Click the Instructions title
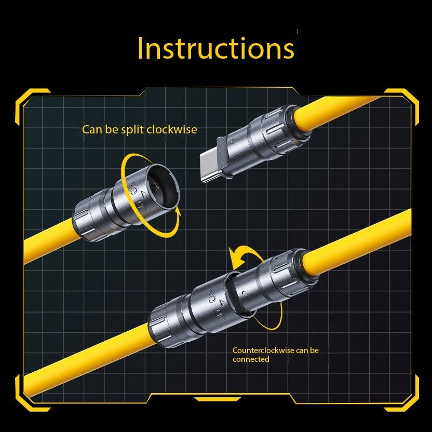coord(216,48)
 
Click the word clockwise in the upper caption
coord(172,129)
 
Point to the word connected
coord(251,359)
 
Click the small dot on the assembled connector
coord(244,293)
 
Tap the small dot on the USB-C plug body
coord(233,141)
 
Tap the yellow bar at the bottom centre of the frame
coord(218,399)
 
